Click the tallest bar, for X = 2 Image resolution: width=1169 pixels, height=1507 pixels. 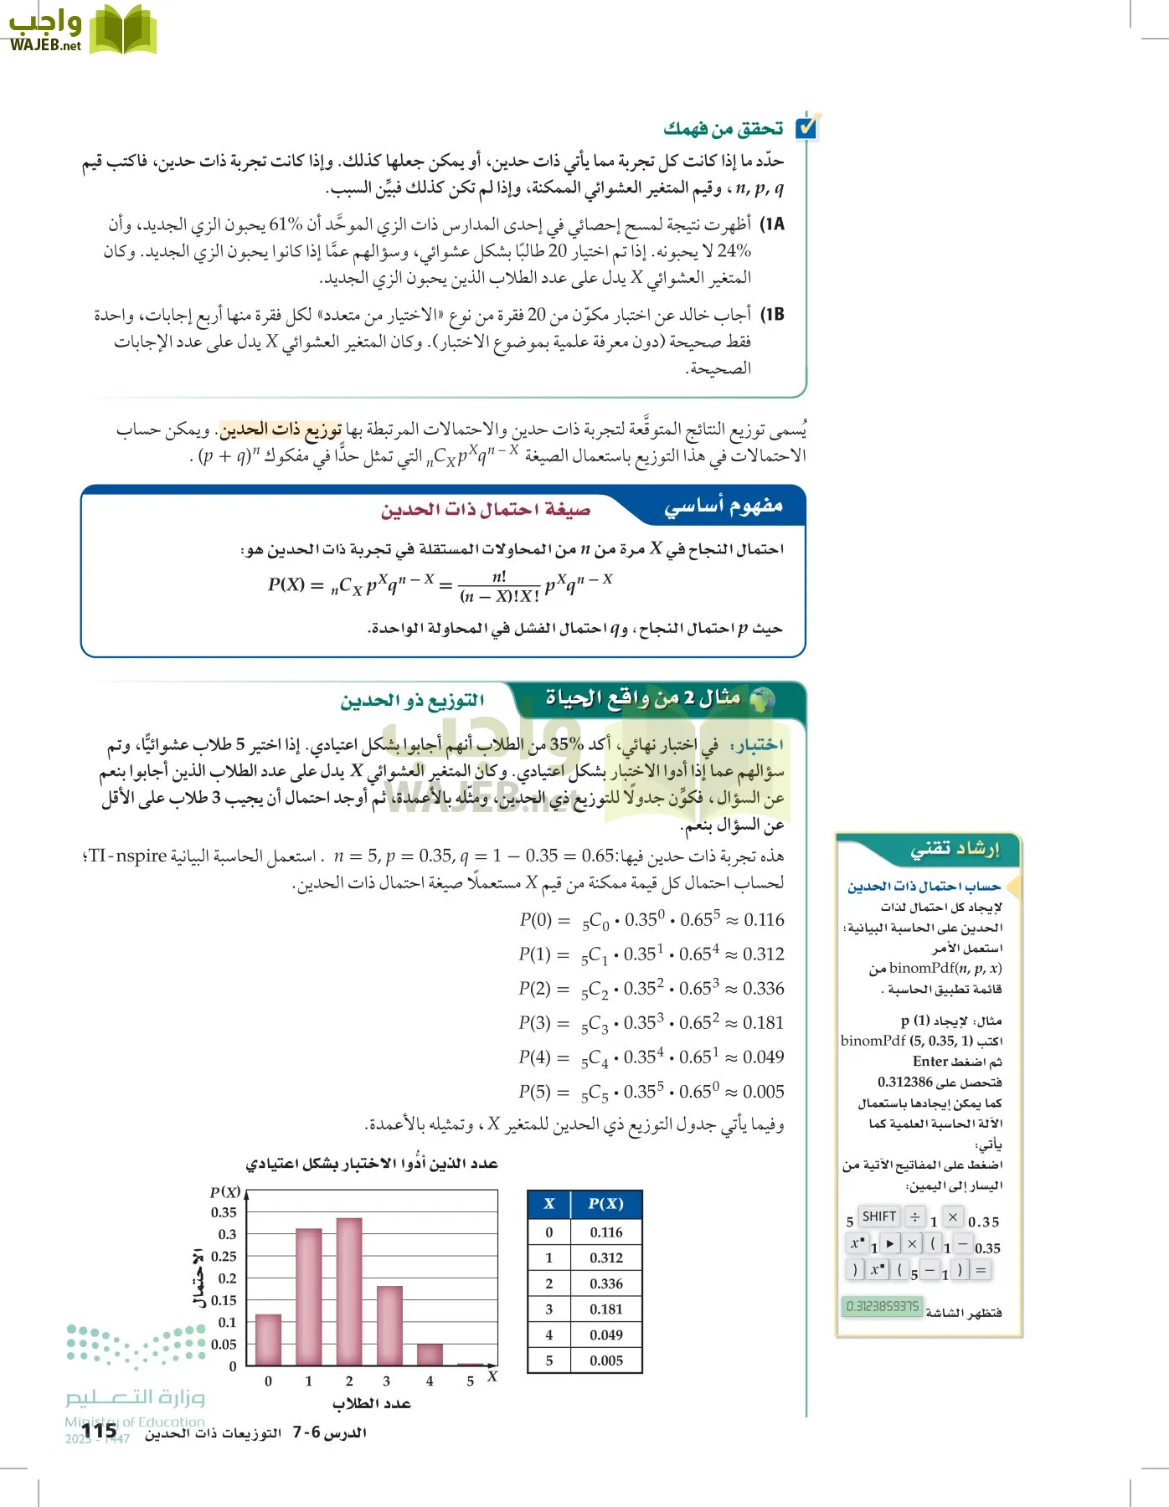349,1291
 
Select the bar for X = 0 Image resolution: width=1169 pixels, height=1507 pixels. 268,1340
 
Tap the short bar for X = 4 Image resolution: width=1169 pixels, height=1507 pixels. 430,1354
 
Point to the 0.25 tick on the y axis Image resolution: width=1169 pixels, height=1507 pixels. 224,1256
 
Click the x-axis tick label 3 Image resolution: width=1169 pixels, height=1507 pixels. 386,1381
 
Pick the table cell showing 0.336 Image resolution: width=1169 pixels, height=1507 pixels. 605,1283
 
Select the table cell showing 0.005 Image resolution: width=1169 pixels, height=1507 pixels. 605,1360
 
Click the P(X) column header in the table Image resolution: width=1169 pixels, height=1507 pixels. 605,1204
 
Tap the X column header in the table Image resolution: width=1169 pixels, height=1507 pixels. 549,1204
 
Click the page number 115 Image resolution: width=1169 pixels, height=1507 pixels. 100,1431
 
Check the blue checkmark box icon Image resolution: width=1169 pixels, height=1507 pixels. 807,127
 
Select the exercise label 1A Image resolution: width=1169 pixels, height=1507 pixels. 771,224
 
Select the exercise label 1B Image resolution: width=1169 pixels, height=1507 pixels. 771,315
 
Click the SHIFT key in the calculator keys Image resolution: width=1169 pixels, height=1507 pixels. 878,1216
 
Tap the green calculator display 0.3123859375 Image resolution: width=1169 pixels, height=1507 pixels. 882,1306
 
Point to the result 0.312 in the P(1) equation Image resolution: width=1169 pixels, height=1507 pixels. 764,954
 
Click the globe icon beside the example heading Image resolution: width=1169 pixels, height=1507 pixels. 761,698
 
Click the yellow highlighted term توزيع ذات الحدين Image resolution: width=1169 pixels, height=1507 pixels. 281,429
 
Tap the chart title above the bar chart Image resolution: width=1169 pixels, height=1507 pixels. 372,1164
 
